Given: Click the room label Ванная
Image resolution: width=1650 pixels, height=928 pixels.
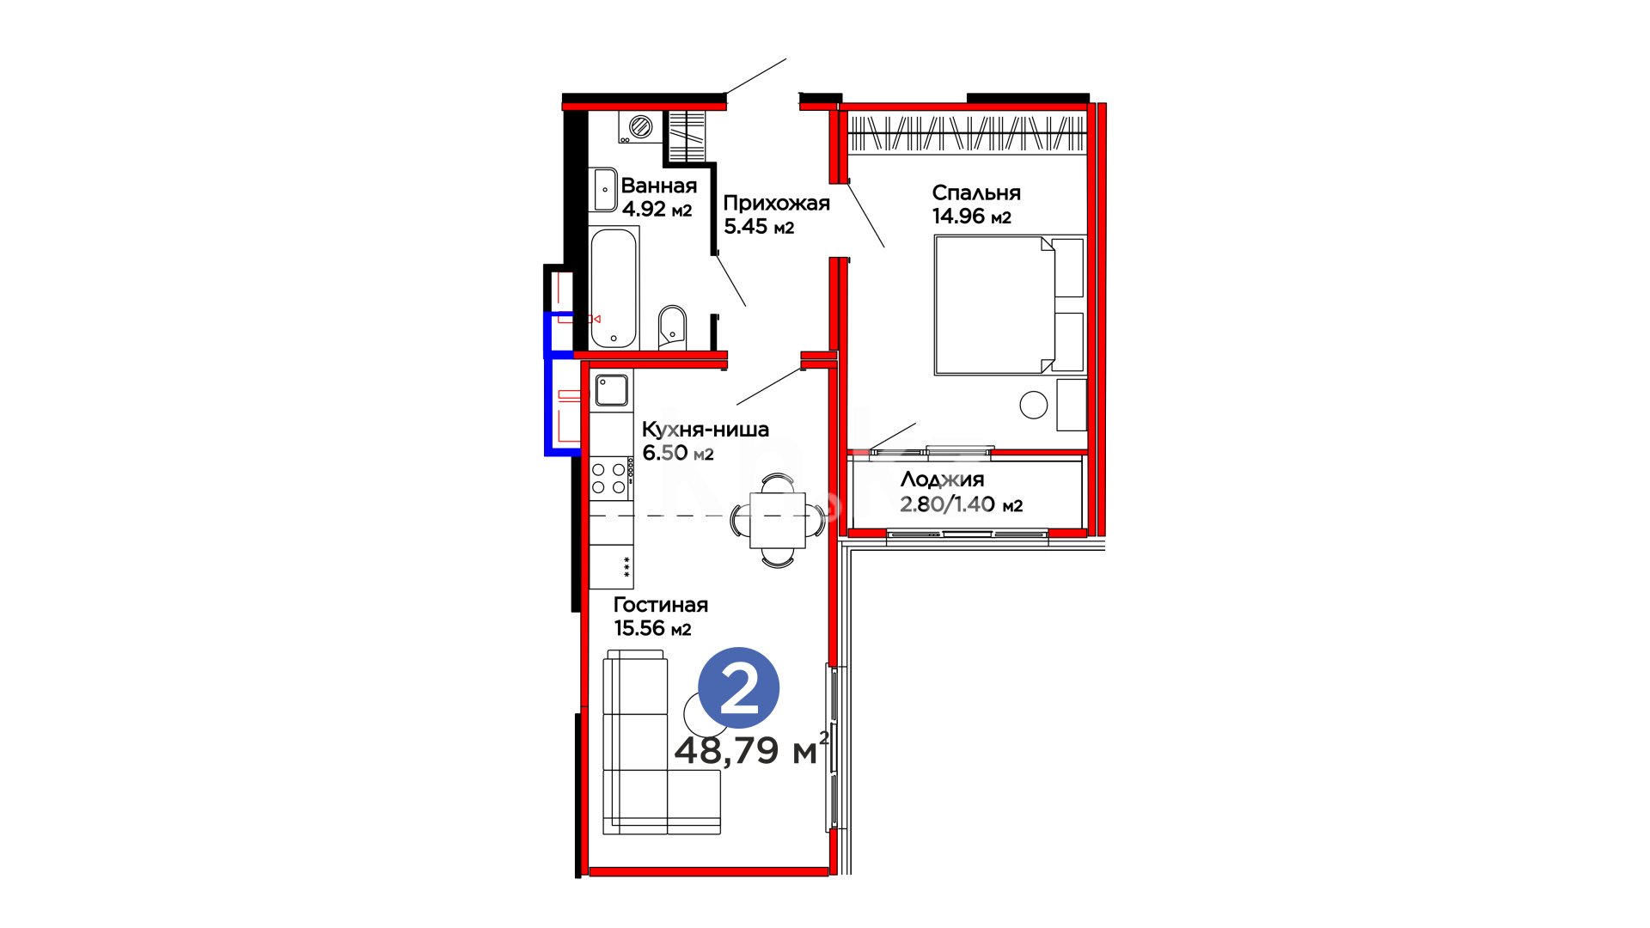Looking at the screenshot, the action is [659, 186].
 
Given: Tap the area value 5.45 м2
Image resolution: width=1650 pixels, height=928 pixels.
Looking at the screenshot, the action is [759, 227].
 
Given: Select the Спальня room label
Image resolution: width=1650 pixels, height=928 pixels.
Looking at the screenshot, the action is [976, 193].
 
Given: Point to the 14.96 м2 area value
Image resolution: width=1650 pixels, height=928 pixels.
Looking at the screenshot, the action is [972, 217].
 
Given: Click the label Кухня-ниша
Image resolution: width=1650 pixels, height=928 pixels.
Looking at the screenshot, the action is [706, 430].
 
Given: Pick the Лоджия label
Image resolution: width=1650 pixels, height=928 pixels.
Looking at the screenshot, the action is [942, 480].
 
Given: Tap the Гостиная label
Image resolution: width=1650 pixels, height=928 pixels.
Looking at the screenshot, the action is [661, 605].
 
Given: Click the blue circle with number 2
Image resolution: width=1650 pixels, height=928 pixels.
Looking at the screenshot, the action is [739, 687].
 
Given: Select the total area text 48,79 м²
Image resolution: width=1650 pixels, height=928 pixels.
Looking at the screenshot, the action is [752, 749].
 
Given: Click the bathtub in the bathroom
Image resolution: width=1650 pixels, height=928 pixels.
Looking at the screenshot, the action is [614, 288].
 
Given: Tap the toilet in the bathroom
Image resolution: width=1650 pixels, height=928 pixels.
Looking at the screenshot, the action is [672, 327].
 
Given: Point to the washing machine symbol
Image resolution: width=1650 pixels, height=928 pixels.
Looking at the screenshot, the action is [640, 127].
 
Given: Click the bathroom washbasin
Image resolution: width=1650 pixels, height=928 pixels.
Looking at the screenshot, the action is [603, 189].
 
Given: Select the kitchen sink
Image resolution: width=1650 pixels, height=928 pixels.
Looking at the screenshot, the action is [611, 390].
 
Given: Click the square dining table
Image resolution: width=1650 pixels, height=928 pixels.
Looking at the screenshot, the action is [778, 520].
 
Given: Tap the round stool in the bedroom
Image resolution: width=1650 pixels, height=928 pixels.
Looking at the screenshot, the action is [1034, 405].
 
